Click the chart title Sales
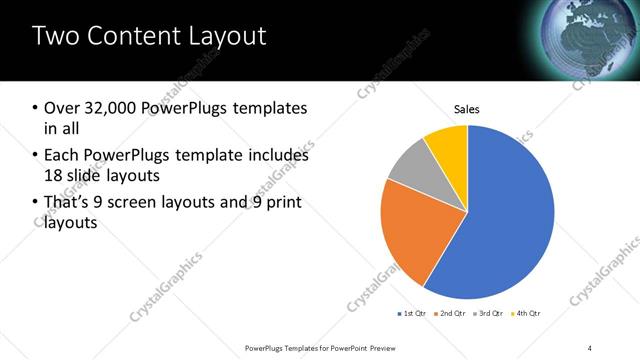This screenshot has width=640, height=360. (x=467, y=108)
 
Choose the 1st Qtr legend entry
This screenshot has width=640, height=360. (x=411, y=314)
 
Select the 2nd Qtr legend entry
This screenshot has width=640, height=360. (x=450, y=314)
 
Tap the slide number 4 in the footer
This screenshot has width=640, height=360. (x=591, y=347)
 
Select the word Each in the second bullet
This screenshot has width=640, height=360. (x=62, y=156)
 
